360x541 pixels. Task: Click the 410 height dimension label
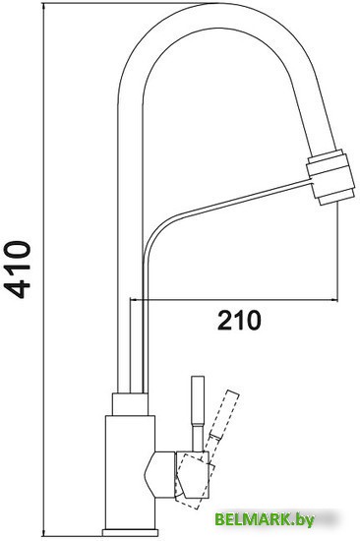21,268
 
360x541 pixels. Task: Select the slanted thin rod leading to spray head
226,202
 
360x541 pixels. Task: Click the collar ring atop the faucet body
131,402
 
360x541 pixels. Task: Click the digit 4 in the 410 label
21,285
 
